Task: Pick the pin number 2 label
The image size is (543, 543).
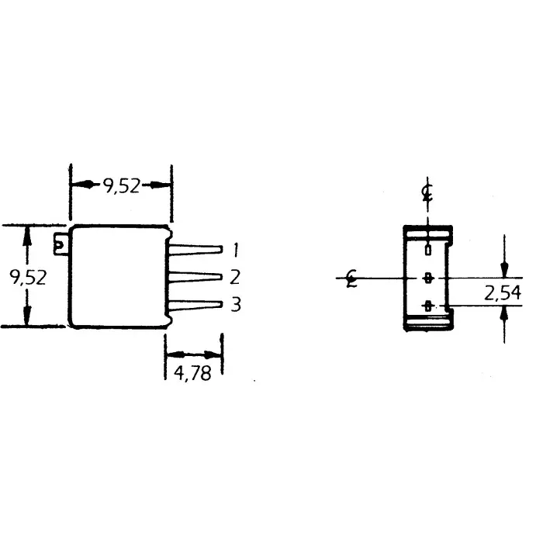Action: (x=235, y=277)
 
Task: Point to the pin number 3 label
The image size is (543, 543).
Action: (x=235, y=304)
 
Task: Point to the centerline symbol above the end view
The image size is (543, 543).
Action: (x=427, y=191)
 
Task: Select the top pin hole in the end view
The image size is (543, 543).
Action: (x=427, y=250)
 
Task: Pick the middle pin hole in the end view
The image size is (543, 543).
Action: (x=427, y=277)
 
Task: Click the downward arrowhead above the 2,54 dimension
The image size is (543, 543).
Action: (x=504, y=269)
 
